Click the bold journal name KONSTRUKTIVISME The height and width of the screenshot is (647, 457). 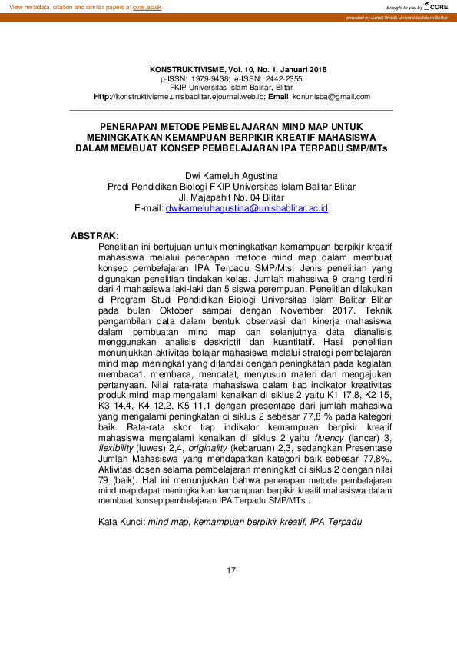[186, 70]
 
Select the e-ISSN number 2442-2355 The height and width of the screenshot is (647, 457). [284, 79]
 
